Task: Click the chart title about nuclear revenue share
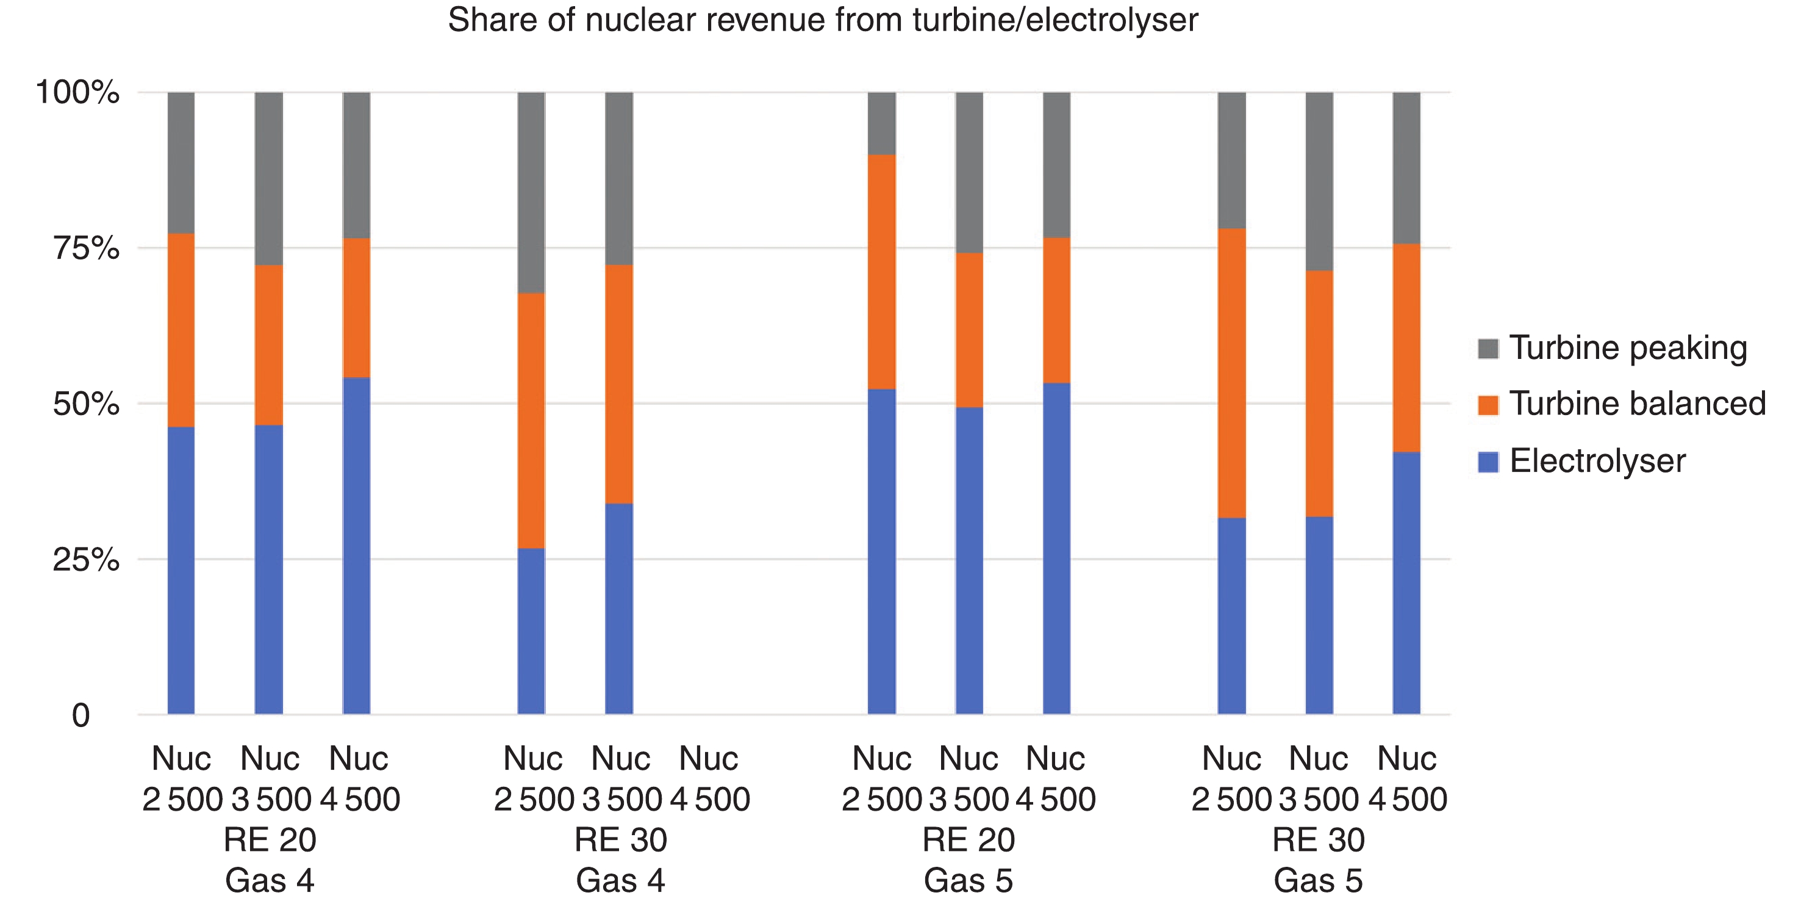pyautogui.click(x=823, y=20)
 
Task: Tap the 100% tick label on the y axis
pyautogui.click(x=77, y=92)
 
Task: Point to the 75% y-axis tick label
pyautogui.click(x=86, y=248)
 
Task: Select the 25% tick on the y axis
pyautogui.click(x=86, y=560)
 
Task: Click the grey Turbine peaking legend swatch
pyautogui.click(x=1488, y=349)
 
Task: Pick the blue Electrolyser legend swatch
pyautogui.click(x=1488, y=461)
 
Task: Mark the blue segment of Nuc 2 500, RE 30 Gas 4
pyautogui.click(x=531, y=631)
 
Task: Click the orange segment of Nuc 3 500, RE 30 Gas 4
pyautogui.click(x=619, y=384)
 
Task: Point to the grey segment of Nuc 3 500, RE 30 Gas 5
pyautogui.click(x=1319, y=181)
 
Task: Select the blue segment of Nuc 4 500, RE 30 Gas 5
pyautogui.click(x=1406, y=583)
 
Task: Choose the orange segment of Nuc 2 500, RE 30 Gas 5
pyautogui.click(x=1231, y=373)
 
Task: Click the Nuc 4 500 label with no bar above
pyautogui.click(x=709, y=778)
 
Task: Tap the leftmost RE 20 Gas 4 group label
pyautogui.click(x=270, y=859)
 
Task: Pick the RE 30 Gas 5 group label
pyautogui.click(x=1319, y=859)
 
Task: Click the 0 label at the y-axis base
pyautogui.click(x=81, y=715)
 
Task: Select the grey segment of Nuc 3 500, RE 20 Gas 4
pyautogui.click(x=268, y=178)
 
